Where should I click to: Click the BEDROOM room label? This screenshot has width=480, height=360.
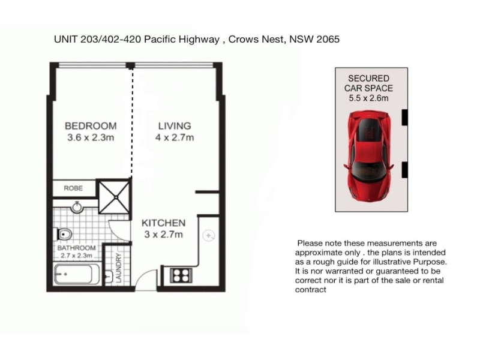coord(91,126)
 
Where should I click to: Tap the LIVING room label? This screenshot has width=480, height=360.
coord(175,126)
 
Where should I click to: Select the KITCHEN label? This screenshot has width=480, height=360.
coord(163,223)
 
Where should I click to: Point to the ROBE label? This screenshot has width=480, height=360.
coord(73,188)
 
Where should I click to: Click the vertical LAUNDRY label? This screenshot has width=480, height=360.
coord(119,268)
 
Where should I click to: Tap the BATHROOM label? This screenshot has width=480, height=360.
coord(77,248)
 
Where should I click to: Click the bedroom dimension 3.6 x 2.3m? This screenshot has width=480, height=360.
coord(91,137)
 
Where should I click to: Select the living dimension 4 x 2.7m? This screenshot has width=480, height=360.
coord(175,137)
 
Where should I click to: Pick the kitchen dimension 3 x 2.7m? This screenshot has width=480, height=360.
coord(163,235)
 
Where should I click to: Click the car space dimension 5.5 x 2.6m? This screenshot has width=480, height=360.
coord(368,98)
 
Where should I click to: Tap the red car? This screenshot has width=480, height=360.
coord(368,156)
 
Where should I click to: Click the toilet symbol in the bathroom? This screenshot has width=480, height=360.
coord(64,235)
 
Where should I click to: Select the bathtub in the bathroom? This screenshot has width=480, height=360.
coord(77,274)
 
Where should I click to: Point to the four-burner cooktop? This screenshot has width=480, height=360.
coord(181,275)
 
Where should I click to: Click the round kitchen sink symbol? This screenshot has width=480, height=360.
coord(209,236)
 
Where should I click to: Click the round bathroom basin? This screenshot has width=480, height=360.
coord(77,207)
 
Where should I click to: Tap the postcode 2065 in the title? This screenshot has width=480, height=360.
coord(328,39)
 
